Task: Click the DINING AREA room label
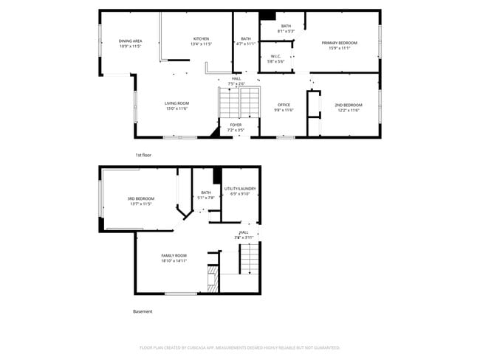pos(130,41)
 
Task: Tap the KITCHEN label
pos(201,38)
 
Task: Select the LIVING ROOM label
pos(176,103)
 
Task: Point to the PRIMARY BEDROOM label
pos(339,43)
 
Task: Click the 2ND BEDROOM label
pos(347,105)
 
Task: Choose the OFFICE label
pos(284,105)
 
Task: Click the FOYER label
pos(236,125)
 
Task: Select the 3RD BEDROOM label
pos(140,198)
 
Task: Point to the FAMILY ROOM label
pos(174,255)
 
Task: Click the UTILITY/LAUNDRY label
pos(240,189)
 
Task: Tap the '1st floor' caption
pos(144,155)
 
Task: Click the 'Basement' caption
pos(143,311)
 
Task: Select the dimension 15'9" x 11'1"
pos(339,48)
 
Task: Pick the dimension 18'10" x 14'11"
pos(174,260)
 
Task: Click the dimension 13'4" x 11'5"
pos(201,44)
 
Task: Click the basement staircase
pos(250,259)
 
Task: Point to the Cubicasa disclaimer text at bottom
pos(239,347)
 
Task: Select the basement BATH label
pos(205,193)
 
